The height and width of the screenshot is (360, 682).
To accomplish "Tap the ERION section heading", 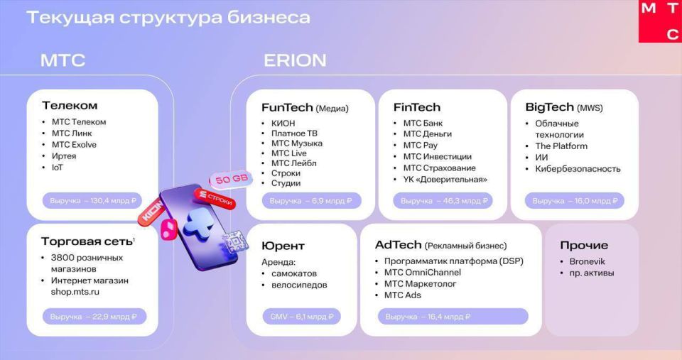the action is click(x=295, y=60).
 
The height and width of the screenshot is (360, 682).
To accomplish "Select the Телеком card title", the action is click(x=70, y=106).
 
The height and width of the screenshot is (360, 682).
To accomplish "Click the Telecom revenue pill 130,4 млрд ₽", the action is click(x=92, y=201).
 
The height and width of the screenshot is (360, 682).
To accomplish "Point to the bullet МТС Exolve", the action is click(x=74, y=145).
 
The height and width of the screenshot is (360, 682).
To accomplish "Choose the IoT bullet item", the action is click(x=57, y=168).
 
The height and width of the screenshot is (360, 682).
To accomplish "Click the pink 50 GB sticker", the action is click(x=231, y=179).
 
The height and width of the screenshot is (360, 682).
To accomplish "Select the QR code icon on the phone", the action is click(x=234, y=241).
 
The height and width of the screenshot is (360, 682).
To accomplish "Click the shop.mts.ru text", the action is click(x=75, y=292).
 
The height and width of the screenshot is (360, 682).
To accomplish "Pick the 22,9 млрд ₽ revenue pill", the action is click(x=94, y=317).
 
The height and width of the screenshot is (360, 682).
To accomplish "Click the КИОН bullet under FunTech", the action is click(x=283, y=124).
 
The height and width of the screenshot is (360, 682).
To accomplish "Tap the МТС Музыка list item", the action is click(x=297, y=143).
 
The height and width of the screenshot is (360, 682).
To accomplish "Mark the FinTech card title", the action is click(x=417, y=107).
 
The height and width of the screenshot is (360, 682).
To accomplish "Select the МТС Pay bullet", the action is click(x=420, y=146).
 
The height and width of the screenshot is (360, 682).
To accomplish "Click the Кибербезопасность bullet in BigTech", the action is click(x=578, y=169).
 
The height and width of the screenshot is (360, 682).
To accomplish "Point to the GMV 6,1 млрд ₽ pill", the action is click(x=301, y=317).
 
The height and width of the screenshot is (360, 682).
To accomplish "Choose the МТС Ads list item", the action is click(x=402, y=295).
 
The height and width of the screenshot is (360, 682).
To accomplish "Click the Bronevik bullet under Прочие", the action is click(x=587, y=262).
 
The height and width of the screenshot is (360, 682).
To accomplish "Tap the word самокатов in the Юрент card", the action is click(x=293, y=273).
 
